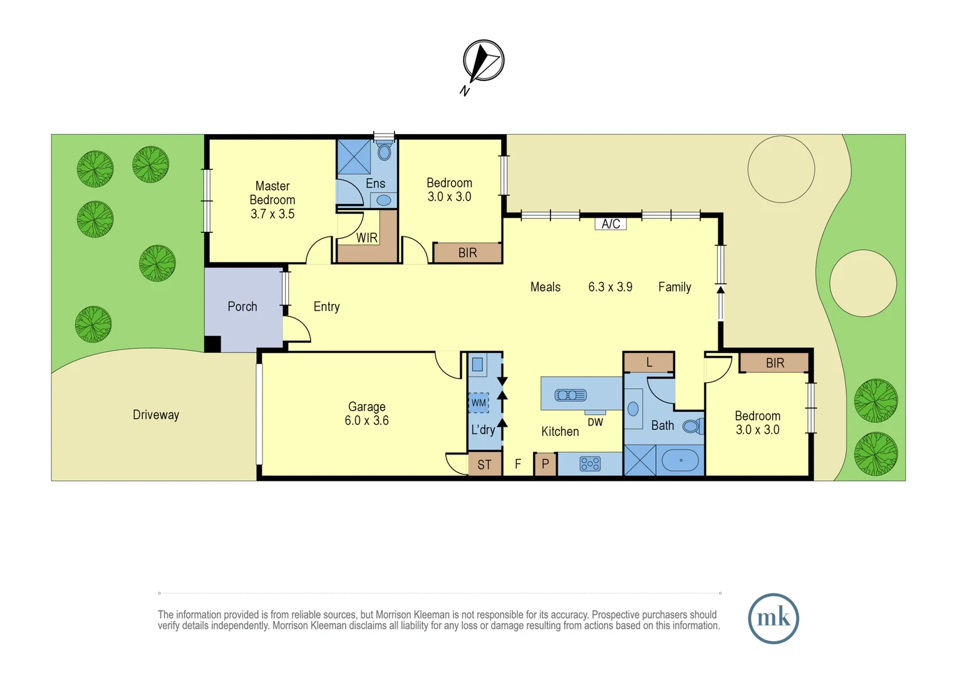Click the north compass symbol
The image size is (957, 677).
483,61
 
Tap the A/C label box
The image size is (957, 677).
611,224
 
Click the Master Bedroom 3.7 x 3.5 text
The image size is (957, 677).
272,200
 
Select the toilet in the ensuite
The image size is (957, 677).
385,151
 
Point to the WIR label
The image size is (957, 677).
367,238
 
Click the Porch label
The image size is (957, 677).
242,307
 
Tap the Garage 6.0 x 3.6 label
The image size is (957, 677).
367,414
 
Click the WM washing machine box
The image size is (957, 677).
479,402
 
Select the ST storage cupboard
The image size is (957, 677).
485,464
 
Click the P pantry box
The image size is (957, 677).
546,464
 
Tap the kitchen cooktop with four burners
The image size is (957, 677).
590,464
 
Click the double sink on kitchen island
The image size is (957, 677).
571,395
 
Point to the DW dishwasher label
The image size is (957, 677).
596,422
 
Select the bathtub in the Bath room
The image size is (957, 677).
681,460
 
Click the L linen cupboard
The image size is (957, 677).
649,362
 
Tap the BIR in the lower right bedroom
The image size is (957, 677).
775,363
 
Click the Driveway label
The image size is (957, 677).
156,415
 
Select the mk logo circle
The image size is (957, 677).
773,619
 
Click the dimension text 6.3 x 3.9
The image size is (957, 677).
610,287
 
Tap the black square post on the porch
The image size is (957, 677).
213,344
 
